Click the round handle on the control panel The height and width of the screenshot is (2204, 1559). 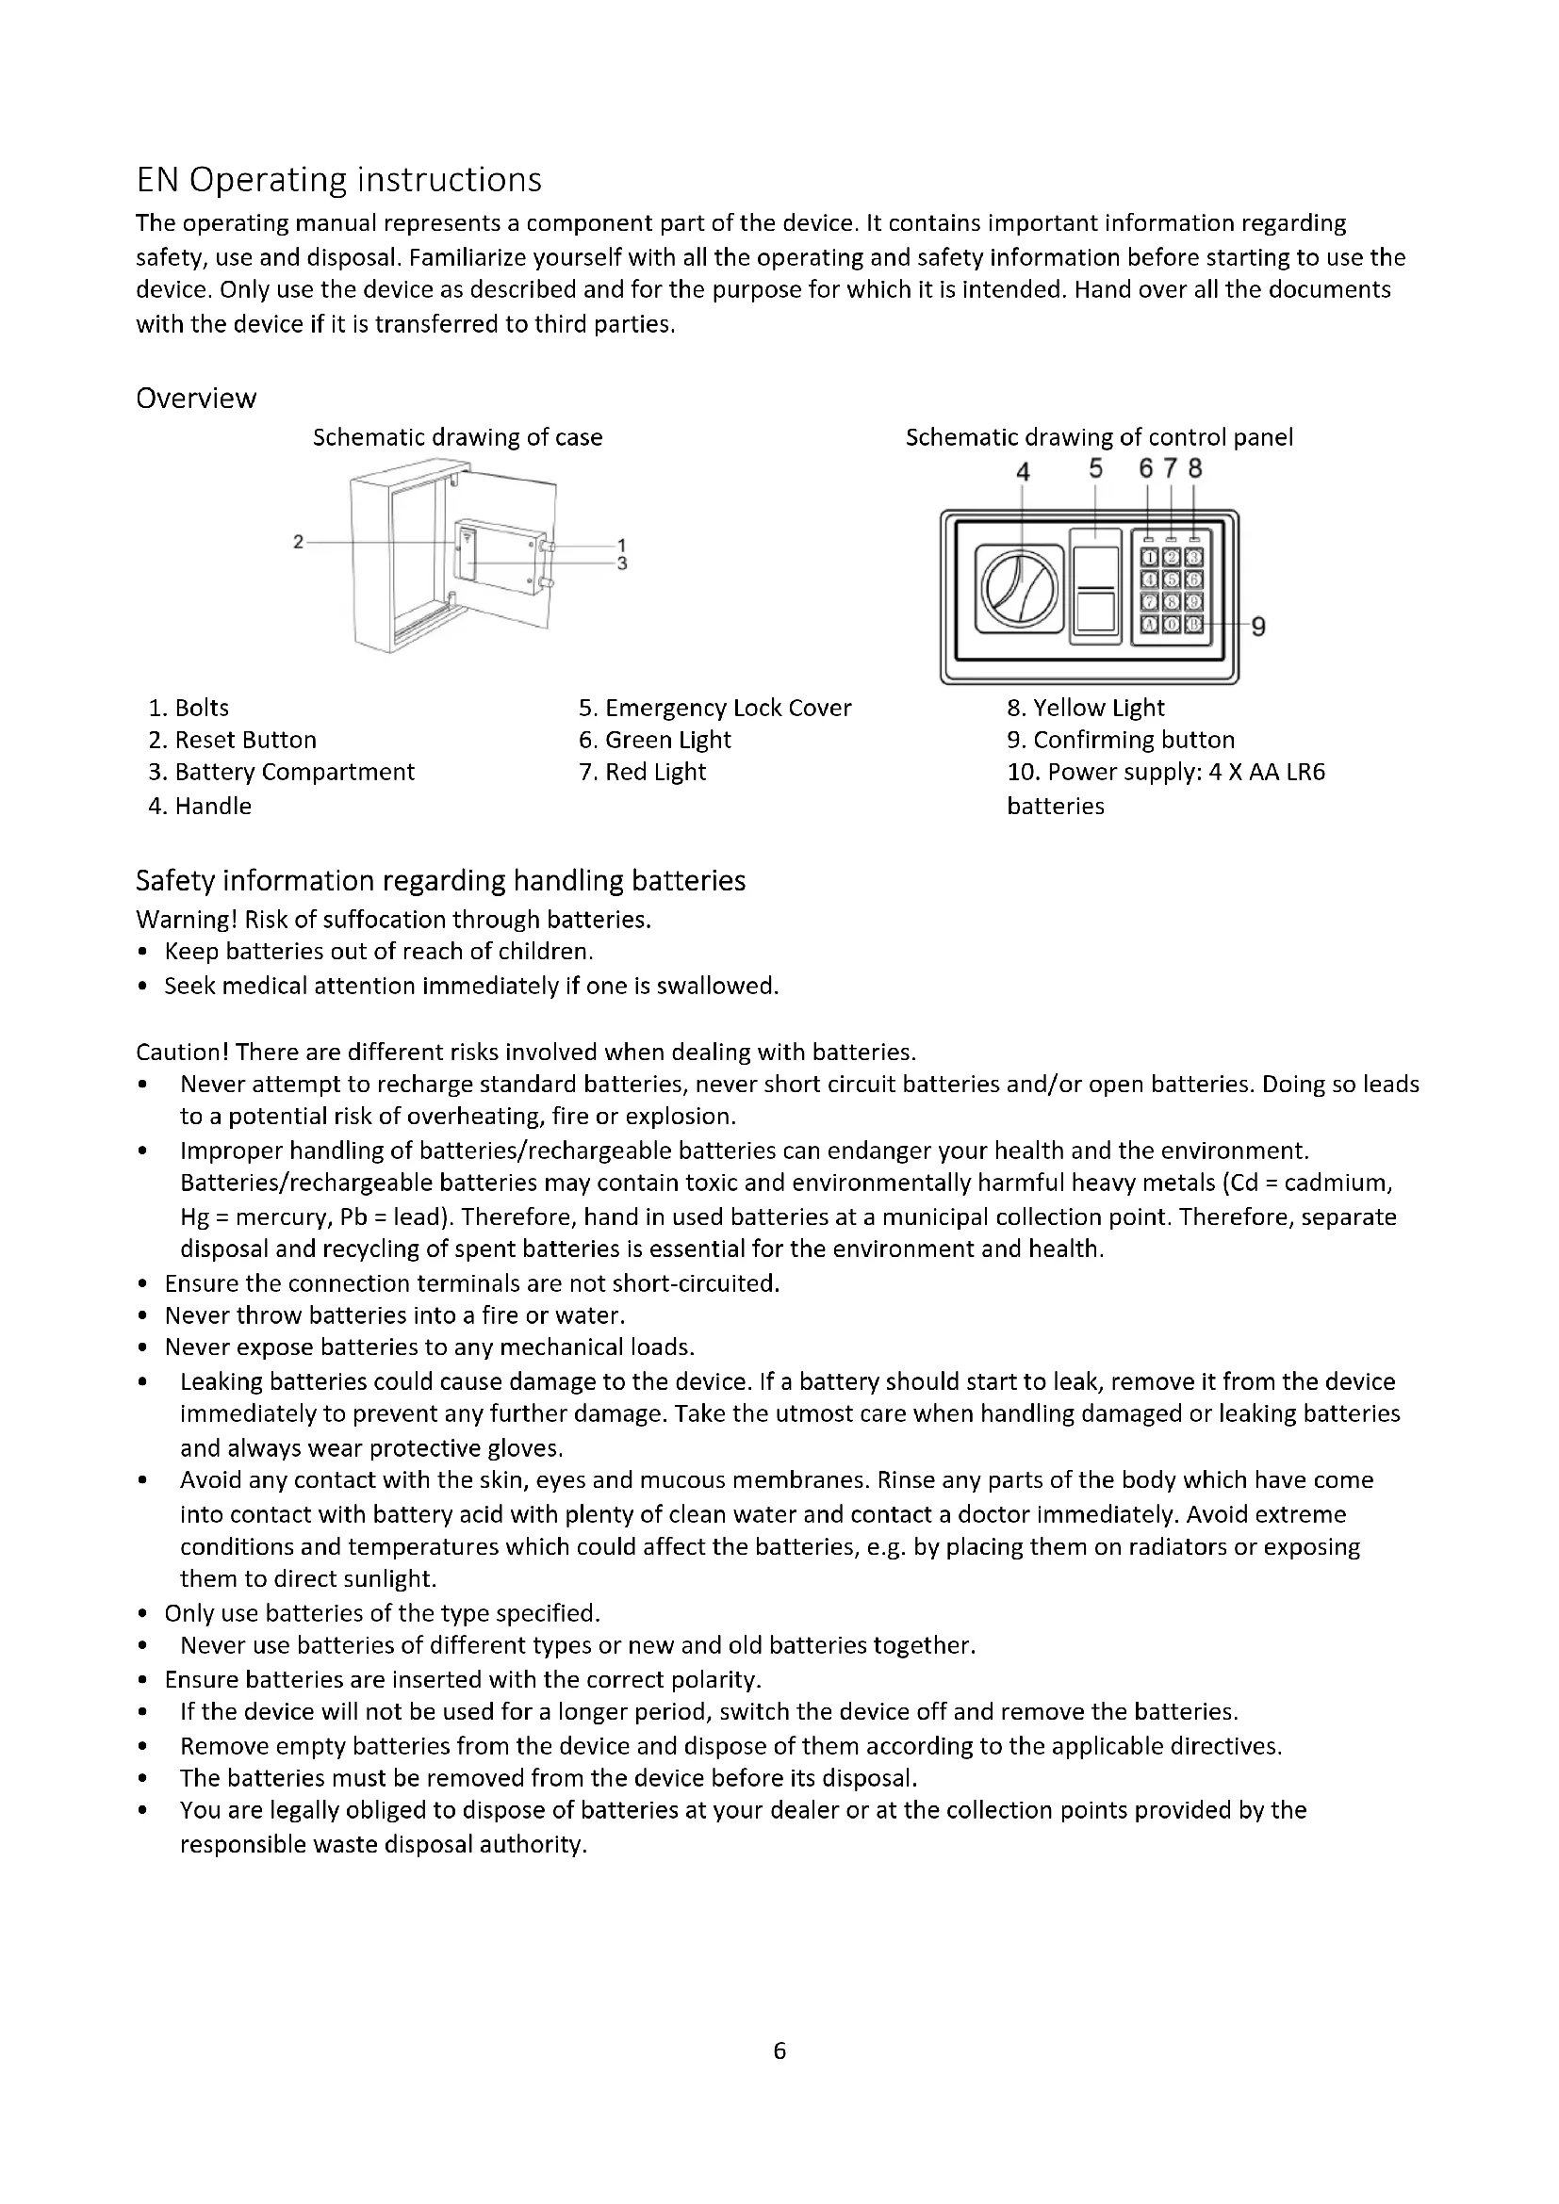tap(1020, 589)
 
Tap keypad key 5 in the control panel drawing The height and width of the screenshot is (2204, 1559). tap(1172, 579)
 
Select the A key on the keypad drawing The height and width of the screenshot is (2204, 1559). tap(1149, 624)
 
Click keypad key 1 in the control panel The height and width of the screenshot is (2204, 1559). tap(1149, 557)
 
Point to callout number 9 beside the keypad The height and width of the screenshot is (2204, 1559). tap(1257, 627)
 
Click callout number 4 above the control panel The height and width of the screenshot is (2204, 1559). tap(1023, 472)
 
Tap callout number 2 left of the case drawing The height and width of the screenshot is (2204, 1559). tap(298, 543)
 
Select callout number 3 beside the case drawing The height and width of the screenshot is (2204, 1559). tap(622, 563)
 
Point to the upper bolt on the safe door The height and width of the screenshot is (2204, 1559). tap(548, 546)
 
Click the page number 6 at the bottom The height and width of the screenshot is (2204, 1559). tap(779, 2050)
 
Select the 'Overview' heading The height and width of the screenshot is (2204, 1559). tap(196, 399)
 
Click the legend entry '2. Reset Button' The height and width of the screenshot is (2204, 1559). tap(232, 740)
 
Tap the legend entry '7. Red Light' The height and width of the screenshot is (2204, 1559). tap(642, 773)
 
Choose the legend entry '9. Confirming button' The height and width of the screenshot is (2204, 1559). tap(1122, 740)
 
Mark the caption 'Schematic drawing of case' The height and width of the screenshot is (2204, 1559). tap(458, 438)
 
